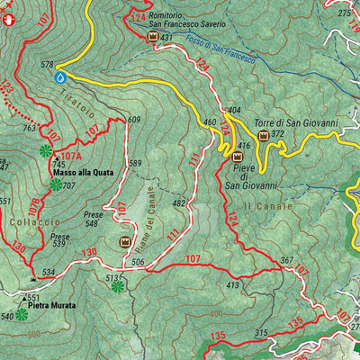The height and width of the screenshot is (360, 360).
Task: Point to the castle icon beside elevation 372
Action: coord(264,135)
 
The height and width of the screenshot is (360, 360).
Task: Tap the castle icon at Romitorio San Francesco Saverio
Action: coord(152,37)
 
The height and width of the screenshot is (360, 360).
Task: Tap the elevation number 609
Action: coord(135,120)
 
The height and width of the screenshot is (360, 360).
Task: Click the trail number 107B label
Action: coord(34,205)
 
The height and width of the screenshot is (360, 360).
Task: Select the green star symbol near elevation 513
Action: coord(117,286)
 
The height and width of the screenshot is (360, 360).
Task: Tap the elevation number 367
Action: coord(287,261)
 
